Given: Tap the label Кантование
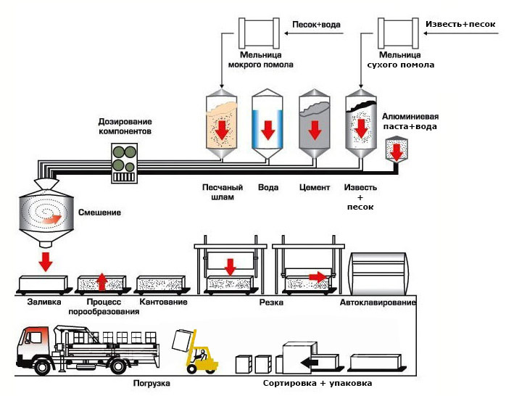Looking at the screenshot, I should click(162, 302).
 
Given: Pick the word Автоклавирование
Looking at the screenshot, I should click(378, 302).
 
